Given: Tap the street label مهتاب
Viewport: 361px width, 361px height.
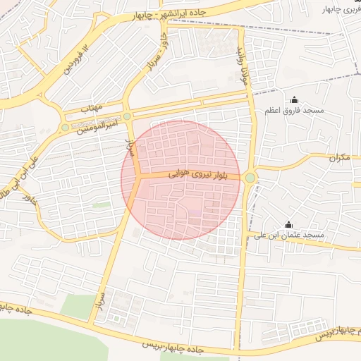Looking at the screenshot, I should (x=92, y=108).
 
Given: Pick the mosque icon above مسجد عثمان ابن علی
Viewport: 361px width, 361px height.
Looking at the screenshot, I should (x=288, y=224).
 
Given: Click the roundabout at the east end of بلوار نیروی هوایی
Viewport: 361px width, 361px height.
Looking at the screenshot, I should (x=250, y=178).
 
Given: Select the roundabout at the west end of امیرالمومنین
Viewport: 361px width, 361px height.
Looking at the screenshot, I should (x=66, y=128).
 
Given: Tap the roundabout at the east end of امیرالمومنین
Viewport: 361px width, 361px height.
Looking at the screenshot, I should (x=127, y=116).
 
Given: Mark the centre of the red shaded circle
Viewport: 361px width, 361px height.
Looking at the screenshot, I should (x=180, y=180).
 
